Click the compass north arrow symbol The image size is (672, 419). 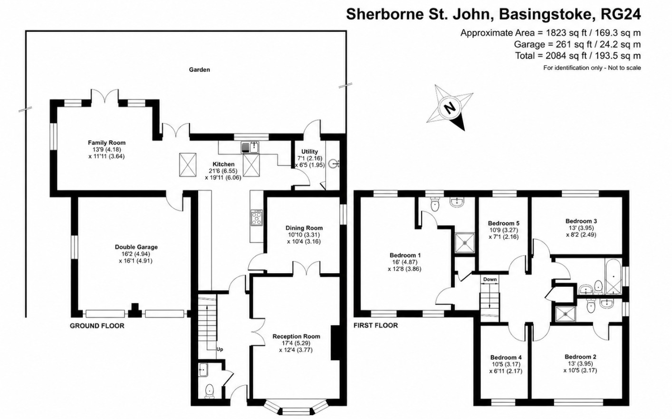[450, 108]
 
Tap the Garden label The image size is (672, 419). [200, 69]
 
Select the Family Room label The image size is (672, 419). [106, 143]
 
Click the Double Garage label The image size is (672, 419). [136, 247]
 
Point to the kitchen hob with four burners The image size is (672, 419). [257, 218]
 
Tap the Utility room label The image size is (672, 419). [309, 152]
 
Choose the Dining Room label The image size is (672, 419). [304, 228]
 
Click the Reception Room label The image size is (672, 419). [296, 336]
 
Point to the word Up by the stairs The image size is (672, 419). [220, 350]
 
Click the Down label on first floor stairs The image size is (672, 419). [490, 279]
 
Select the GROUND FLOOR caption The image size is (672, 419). [97, 326]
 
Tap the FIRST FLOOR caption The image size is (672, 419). [375, 325]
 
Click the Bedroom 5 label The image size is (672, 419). [503, 223]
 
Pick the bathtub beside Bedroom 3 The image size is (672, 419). [613, 276]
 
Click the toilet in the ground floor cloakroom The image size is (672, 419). [210, 391]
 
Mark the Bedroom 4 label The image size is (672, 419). [506, 357]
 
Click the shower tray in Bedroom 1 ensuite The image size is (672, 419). [465, 243]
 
